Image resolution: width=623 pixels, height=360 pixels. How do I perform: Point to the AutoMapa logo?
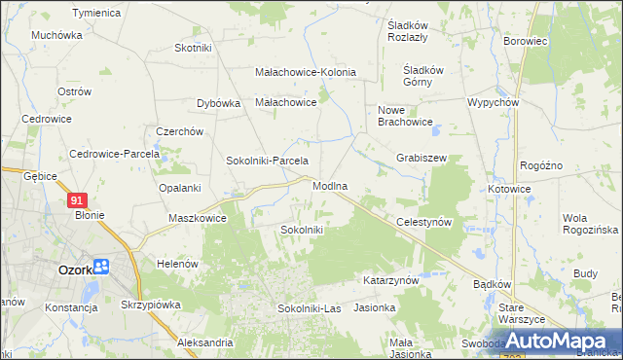(558, 342)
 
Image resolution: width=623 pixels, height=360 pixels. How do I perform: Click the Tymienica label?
(96, 13)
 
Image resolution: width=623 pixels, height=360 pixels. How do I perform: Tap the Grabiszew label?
(421, 158)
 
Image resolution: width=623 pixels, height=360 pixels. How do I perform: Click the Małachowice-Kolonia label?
(305, 72)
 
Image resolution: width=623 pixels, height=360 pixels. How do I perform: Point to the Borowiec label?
(527, 42)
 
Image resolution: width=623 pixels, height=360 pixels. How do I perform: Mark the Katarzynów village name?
(390, 279)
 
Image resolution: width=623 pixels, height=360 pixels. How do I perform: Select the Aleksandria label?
(204, 342)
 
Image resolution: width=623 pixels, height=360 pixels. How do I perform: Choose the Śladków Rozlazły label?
(416, 32)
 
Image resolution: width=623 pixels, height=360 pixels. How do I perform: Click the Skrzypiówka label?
(152, 305)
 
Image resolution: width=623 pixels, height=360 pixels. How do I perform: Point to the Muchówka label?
(56, 35)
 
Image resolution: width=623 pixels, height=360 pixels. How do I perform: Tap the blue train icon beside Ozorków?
(102, 266)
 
